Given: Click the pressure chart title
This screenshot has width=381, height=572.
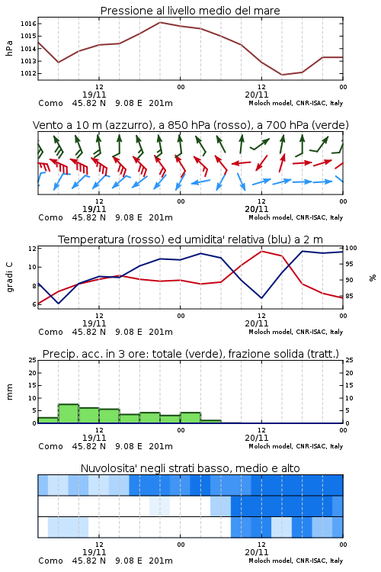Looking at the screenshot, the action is click(190, 11).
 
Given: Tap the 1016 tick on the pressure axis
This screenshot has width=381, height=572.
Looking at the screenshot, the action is click(28, 24).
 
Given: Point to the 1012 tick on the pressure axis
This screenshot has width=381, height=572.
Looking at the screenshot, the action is click(28, 73).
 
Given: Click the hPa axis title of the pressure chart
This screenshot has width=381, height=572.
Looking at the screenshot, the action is click(9, 48).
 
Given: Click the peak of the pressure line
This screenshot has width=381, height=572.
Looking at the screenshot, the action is click(160, 22).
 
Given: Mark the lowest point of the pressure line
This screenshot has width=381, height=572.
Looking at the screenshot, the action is click(282, 75).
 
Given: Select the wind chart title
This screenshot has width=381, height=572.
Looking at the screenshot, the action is click(190, 125).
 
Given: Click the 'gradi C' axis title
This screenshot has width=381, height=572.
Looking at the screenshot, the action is click(9, 277).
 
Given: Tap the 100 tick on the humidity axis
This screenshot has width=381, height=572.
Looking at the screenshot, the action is click(351, 248).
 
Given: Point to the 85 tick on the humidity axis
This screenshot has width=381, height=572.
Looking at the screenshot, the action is click(349, 296).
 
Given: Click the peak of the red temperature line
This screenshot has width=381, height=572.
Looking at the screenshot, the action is click(261, 251).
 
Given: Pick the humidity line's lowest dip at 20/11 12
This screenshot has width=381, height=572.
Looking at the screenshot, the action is click(261, 298).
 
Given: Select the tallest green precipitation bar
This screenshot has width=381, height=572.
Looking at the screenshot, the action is click(69, 413).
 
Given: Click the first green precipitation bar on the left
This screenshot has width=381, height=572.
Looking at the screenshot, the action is click(48, 420).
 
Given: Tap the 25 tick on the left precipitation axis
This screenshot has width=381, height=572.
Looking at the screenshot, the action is click(33, 360).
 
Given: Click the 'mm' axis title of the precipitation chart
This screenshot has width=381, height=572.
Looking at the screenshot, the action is click(9, 391).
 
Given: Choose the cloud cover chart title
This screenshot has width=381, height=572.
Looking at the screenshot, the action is click(190, 468).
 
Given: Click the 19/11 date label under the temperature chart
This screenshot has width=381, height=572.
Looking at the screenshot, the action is click(94, 323).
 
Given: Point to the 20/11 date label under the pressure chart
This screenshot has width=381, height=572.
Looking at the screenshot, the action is click(256, 95).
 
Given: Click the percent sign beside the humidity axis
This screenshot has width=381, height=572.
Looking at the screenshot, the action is click(373, 278).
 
